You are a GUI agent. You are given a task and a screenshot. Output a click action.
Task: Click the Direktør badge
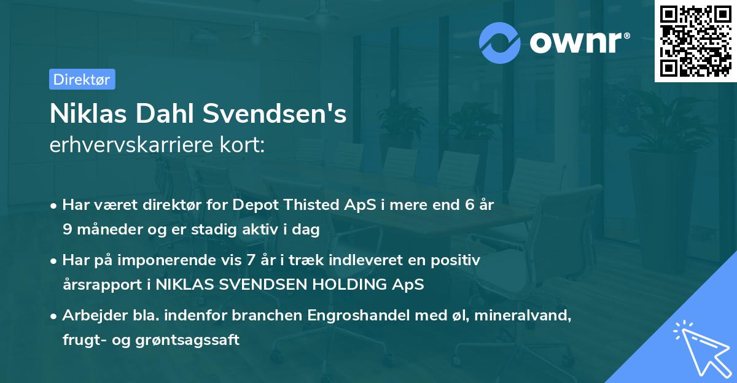(82, 79)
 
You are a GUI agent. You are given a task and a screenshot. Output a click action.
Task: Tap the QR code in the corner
(695, 41)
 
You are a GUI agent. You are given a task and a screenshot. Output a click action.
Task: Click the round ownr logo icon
(500, 42)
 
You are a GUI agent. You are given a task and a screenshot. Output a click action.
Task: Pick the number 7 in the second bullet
(251, 260)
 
